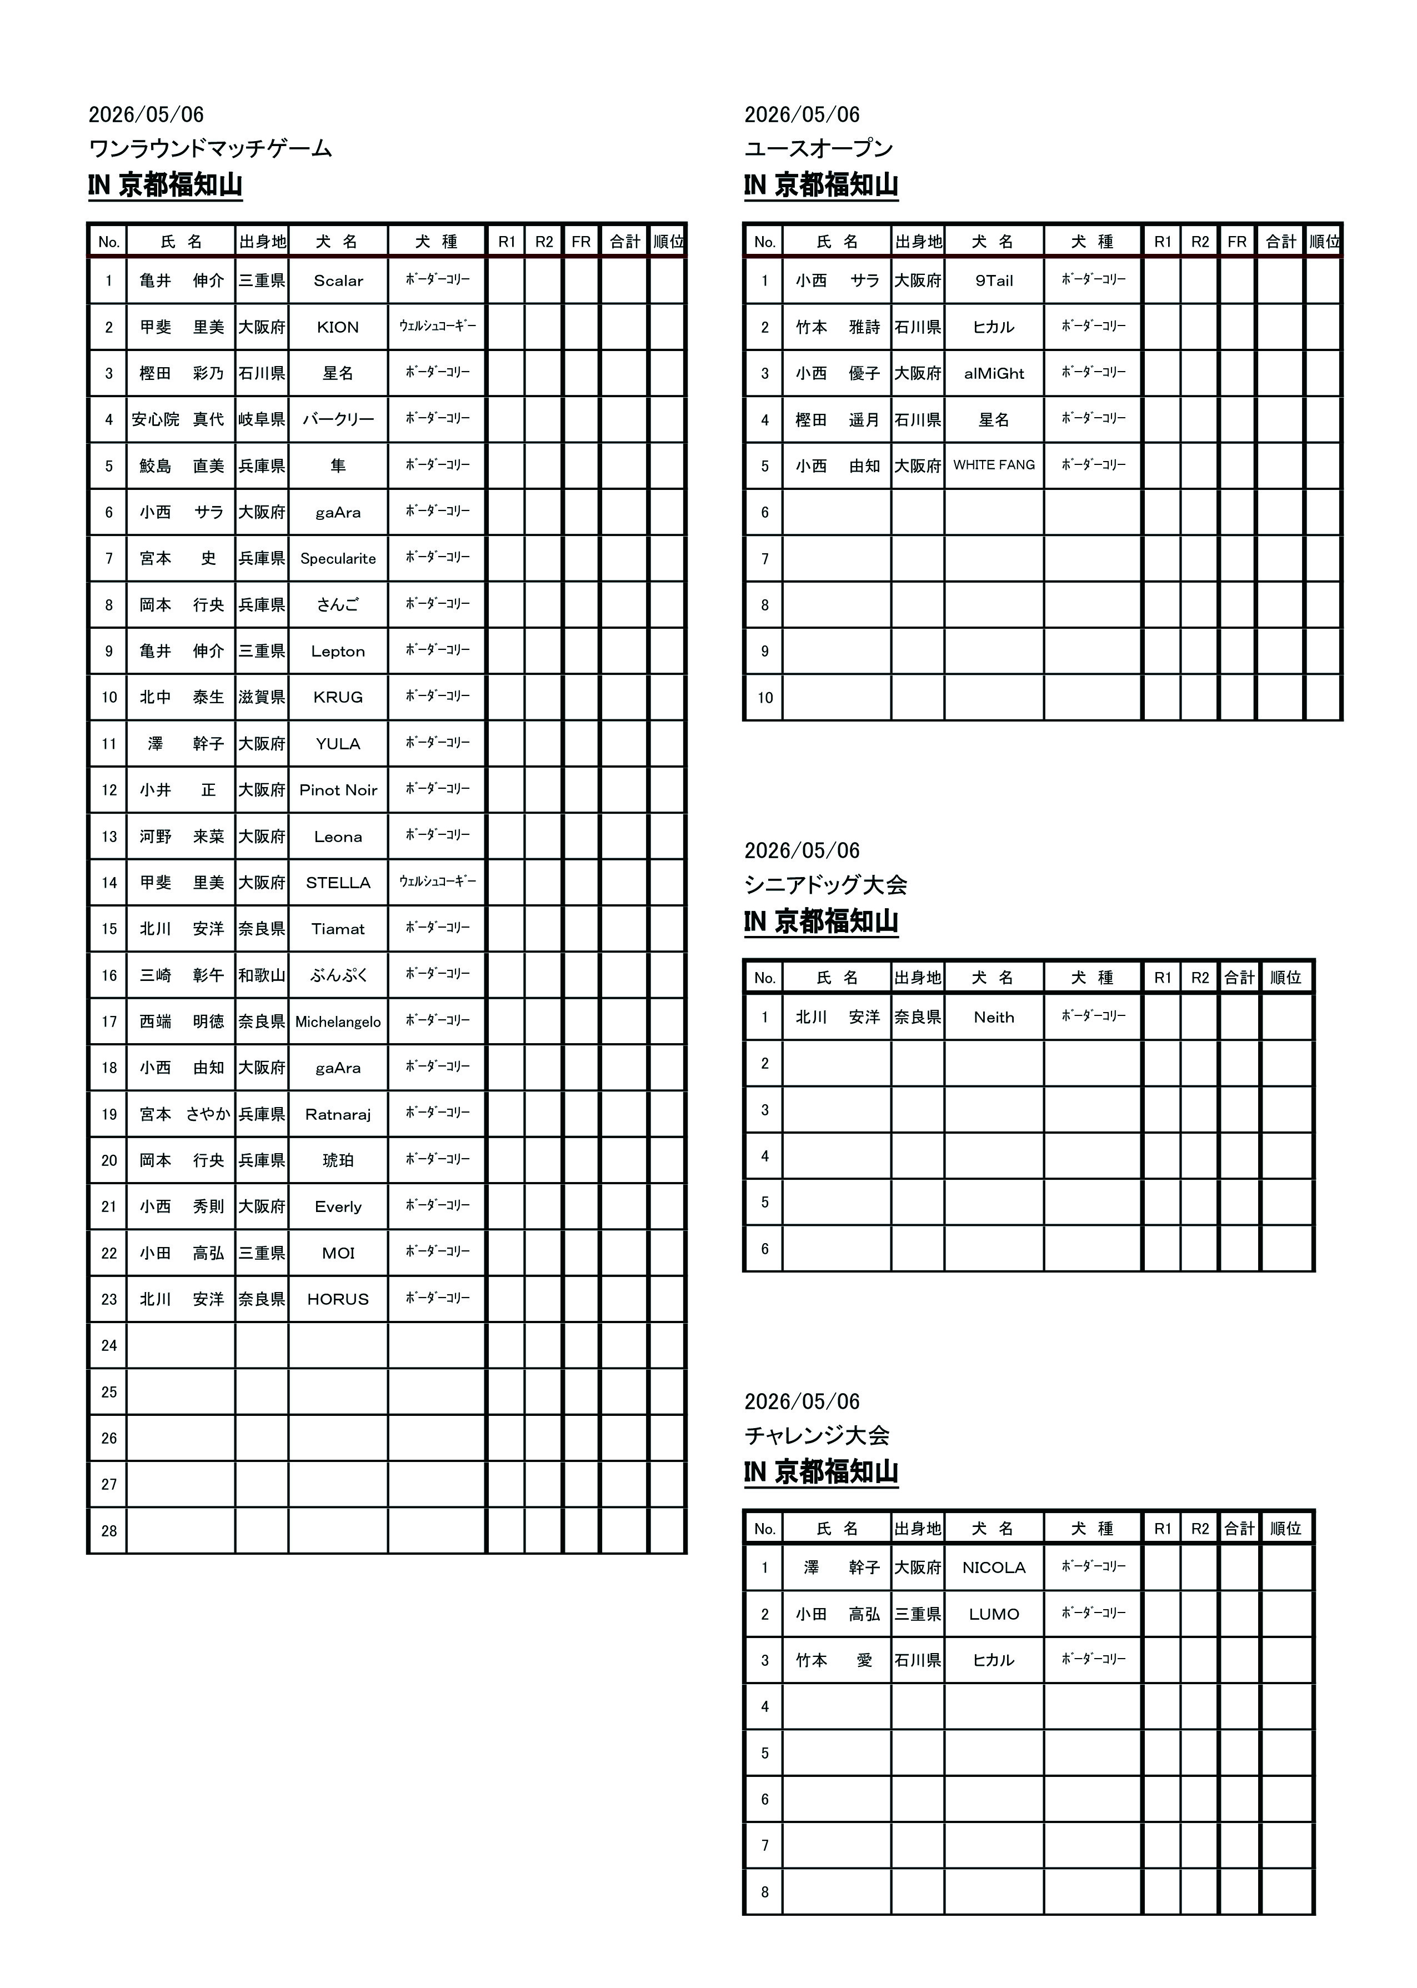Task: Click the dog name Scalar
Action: coord(338,281)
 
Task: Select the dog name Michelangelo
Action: coord(338,1021)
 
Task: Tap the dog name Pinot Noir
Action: coord(338,790)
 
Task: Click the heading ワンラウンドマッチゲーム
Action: coord(211,148)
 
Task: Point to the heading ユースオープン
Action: coord(818,148)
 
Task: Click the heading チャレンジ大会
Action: coord(817,1435)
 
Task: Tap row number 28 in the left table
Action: coord(108,1531)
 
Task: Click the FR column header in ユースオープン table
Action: coord(1236,242)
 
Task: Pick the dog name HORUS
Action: coord(338,1300)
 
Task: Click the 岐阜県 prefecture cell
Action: coord(262,419)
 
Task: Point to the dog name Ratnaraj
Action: coord(338,1115)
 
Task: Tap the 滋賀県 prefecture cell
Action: coord(262,698)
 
